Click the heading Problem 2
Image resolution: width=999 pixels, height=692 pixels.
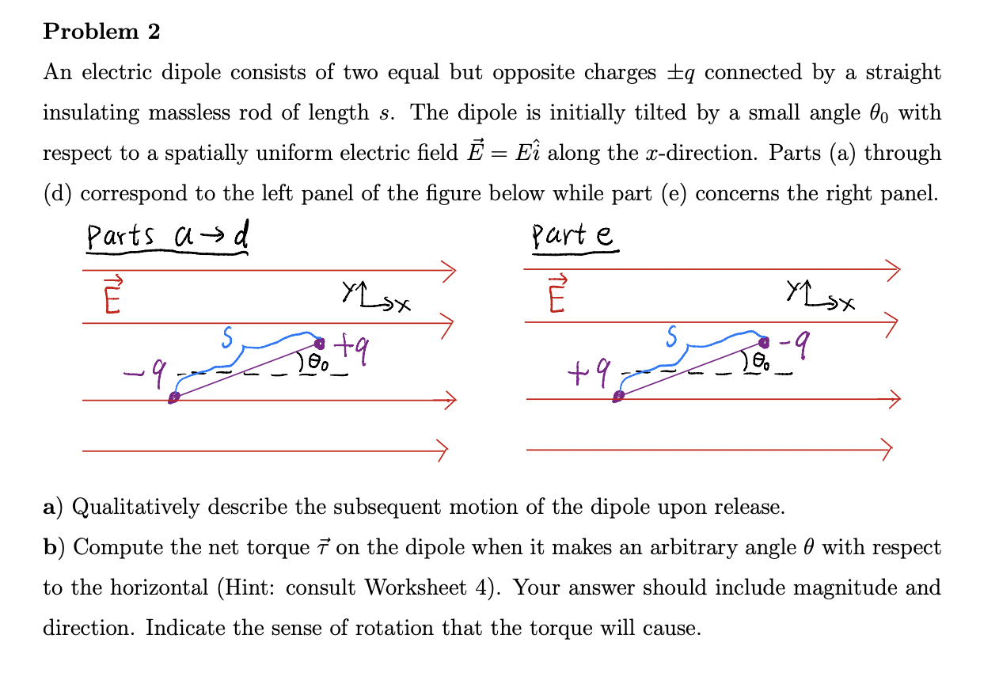[x=101, y=32]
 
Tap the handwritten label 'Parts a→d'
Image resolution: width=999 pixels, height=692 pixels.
[x=167, y=236]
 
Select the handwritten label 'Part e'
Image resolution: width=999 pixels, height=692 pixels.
[x=573, y=236]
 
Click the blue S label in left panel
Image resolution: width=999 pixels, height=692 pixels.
[x=226, y=338]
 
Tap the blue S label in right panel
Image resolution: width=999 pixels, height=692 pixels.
[x=671, y=338]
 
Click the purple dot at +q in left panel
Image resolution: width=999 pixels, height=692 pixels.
[x=320, y=344]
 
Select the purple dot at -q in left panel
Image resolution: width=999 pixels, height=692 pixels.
[x=173, y=398]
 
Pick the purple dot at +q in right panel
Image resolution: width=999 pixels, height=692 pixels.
[x=618, y=396]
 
